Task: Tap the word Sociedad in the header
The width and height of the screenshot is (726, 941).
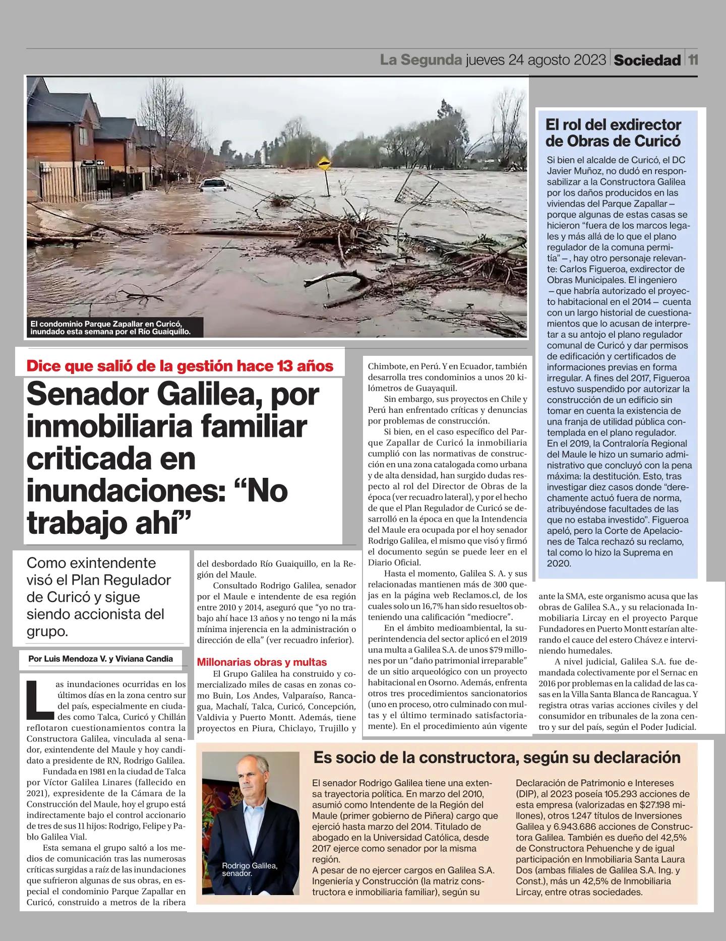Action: coord(647,60)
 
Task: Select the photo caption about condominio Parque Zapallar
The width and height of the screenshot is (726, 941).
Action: coord(110,327)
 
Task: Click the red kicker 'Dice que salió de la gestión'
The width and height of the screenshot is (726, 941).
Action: coord(180,366)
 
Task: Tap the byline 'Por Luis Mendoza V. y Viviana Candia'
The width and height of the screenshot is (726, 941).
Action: coord(101,658)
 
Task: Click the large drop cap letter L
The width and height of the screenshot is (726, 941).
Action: coord(40,698)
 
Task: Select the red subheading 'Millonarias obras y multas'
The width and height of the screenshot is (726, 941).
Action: coord(262,662)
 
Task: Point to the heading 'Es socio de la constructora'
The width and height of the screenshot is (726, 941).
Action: coord(497,757)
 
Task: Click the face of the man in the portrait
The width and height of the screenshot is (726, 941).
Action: coord(251,787)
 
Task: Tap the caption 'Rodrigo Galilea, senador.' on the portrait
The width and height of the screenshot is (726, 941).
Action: coord(250,869)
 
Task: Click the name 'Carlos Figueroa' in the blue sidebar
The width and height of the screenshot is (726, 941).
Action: coord(591,269)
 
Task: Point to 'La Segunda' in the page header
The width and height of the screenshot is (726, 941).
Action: coord(421,60)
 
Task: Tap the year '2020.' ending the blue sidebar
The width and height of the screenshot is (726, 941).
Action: coord(559,563)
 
